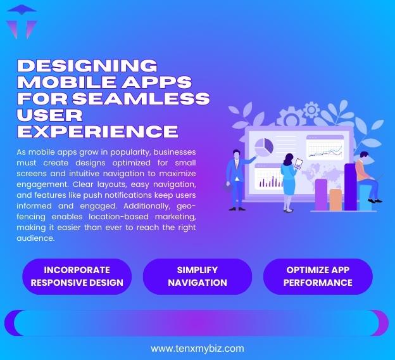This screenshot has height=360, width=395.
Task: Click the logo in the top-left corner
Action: click(x=21, y=22)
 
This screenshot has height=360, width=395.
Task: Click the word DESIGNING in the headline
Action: click(x=86, y=65)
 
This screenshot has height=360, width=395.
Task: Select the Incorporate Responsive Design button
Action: click(x=77, y=276)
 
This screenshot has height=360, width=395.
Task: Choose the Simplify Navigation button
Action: click(x=197, y=276)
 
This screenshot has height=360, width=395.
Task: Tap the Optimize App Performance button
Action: click(x=318, y=276)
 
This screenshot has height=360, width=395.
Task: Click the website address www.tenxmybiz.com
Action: click(x=197, y=348)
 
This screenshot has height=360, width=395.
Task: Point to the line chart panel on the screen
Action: click(x=324, y=149)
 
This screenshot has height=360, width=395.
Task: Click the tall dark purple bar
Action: click(x=350, y=186)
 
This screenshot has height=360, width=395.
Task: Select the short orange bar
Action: click(x=335, y=199)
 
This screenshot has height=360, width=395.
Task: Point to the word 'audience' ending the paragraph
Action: click(x=36, y=238)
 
